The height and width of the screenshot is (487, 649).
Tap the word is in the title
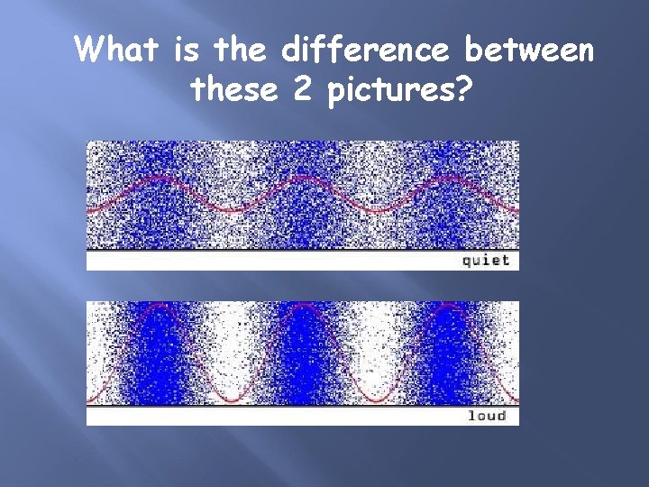(x=187, y=51)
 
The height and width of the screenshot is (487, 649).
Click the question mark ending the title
(x=465, y=89)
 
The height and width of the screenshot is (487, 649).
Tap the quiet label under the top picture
(x=486, y=260)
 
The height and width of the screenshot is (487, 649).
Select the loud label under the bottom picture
(x=487, y=416)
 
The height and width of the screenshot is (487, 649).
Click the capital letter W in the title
(x=91, y=51)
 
